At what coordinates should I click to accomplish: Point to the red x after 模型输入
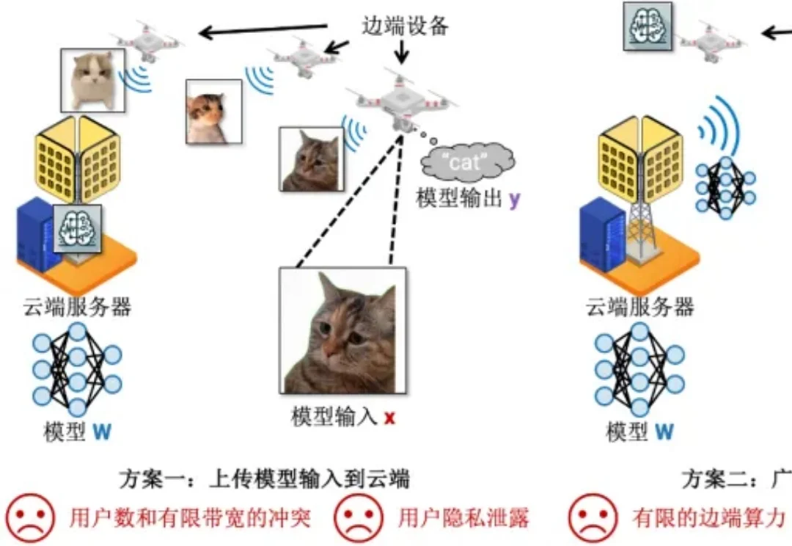389,419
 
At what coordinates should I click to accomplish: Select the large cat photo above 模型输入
342,331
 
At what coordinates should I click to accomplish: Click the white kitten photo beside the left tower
93,79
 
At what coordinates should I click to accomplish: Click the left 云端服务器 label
78,307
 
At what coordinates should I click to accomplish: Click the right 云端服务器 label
640,307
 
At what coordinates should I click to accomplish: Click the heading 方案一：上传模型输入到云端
264,480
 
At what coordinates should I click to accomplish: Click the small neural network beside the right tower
725,187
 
